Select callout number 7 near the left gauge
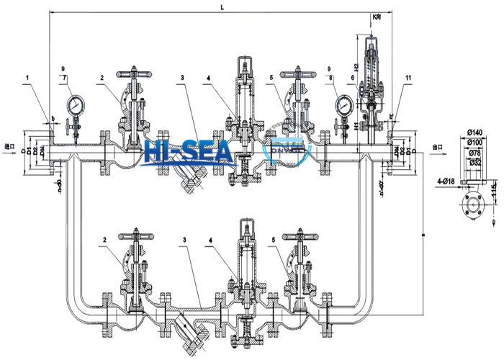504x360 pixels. point(66,77)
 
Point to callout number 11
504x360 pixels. point(408,76)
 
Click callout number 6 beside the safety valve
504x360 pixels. point(351,77)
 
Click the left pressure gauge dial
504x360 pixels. point(74,106)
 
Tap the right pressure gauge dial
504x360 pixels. point(342,105)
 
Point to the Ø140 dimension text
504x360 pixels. point(473,132)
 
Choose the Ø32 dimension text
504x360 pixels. point(473,163)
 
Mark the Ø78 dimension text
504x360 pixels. point(473,153)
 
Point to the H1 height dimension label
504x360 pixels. point(356,125)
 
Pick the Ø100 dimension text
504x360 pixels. point(473,143)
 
